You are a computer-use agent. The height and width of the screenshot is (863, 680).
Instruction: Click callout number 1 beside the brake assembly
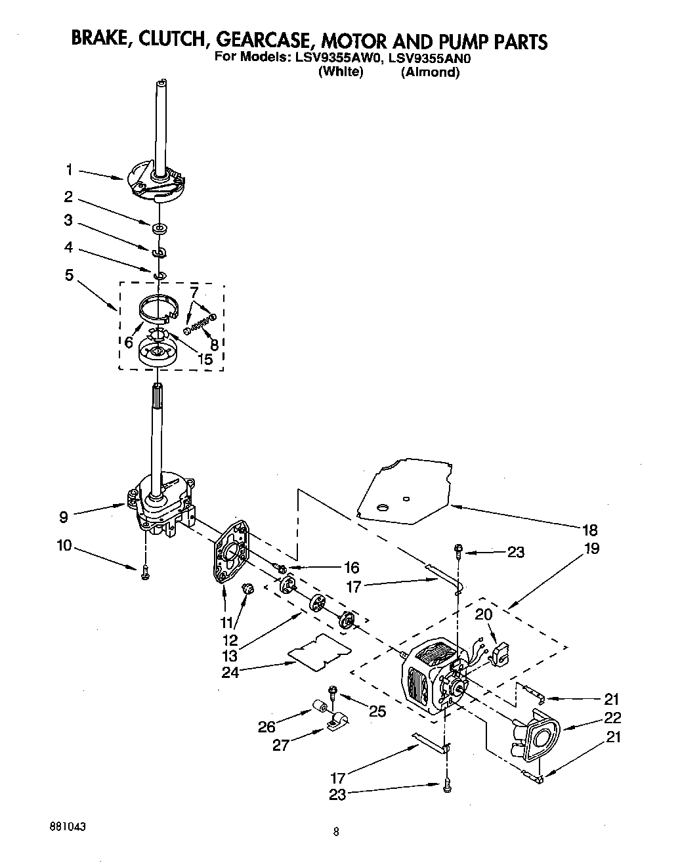tap(69, 170)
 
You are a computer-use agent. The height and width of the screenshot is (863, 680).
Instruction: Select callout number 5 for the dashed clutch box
tap(69, 275)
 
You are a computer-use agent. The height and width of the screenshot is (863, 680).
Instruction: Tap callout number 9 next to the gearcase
tap(63, 517)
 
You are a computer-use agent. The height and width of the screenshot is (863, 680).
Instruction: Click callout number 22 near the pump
tap(612, 717)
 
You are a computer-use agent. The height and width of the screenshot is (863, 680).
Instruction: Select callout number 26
tap(267, 726)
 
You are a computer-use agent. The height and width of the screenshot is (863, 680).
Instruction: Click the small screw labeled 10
tap(144, 572)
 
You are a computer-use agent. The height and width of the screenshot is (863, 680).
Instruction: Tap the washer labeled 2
tap(159, 229)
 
